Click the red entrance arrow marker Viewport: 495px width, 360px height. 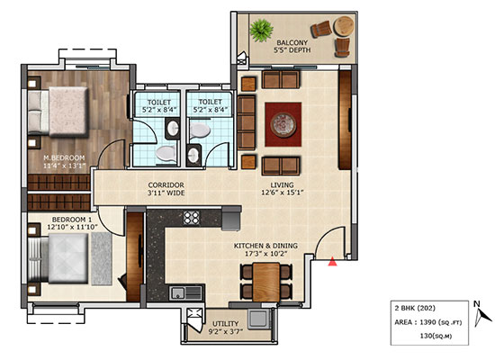click(x=332, y=262)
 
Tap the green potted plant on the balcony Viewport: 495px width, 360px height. click(x=261, y=31)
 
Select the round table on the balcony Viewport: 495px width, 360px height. click(x=344, y=26)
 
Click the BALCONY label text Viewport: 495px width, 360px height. click(x=292, y=42)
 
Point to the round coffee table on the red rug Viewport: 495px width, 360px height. click(x=283, y=124)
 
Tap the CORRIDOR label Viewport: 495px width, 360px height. click(x=166, y=185)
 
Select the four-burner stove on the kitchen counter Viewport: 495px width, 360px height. click(x=192, y=218)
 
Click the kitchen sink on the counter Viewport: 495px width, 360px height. click(x=185, y=293)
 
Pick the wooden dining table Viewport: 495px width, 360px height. click(x=266, y=283)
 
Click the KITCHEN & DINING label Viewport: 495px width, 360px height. click(x=265, y=246)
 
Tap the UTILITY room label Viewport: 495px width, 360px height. click(x=225, y=324)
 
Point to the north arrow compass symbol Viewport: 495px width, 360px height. click(x=482, y=314)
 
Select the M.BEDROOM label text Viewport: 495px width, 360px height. click(x=64, y=157)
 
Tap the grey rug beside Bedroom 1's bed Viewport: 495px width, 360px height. click(x=102, y=259)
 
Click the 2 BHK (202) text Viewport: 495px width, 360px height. click(x=415, y=308)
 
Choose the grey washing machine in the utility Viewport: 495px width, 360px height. click(x=258, y=319)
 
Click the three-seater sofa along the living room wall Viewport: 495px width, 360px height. click(x=247, y=122)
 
